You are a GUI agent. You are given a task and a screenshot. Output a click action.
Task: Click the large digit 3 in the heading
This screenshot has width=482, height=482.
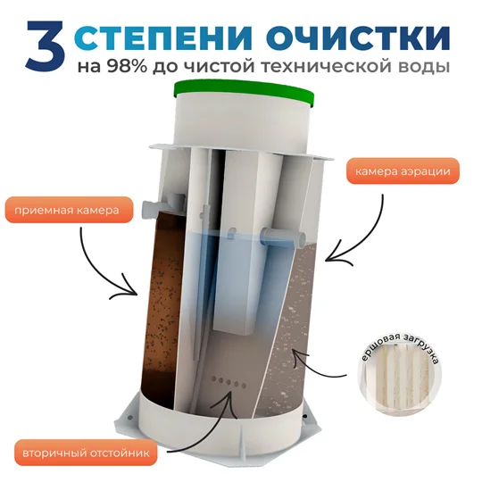(46, 46)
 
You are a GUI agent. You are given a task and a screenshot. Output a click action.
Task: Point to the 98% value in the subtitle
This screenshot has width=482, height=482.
(127, 66)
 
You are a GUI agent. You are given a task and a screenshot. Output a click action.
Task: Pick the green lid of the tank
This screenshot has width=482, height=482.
(245, 93)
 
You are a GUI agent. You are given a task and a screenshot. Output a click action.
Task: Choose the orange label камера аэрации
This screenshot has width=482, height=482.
(403, 171)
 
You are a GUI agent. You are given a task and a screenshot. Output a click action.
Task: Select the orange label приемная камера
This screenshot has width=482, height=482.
(69, 211)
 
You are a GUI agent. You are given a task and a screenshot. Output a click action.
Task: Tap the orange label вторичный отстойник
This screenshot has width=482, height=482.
(86, 453)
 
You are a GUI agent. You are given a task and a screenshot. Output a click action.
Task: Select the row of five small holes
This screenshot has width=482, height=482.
(229, 382)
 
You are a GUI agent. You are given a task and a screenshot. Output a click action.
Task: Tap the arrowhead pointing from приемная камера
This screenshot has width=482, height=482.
(130, 290)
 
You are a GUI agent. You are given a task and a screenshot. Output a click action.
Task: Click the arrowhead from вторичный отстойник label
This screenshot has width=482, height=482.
(229, 396)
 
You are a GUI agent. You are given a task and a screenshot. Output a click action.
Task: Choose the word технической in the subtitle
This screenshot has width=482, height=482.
(324, 66)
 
